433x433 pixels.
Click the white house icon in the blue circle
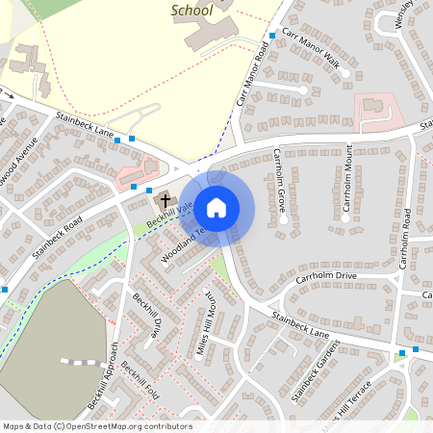[x=216, y=208]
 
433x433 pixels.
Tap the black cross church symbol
[x=166, y=201]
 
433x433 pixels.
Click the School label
[x=191, y=11]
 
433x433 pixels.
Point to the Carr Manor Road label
[x=249, y=75]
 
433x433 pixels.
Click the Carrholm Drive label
[x=326, y=277]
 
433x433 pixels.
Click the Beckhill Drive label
[x=147, y=318]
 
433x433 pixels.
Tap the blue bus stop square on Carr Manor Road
[x=272, y=35]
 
